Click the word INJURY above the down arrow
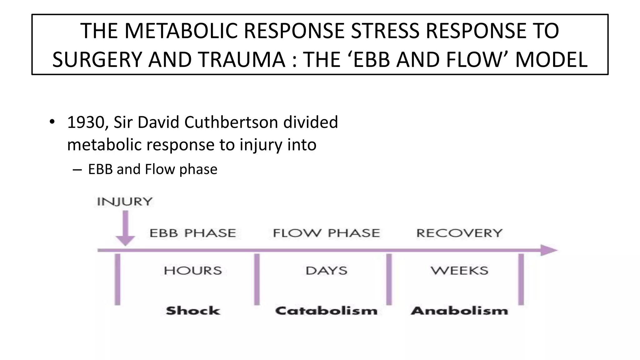125,202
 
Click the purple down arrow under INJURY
125,228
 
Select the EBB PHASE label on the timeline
192,233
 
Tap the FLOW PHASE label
326,233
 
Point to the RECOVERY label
459,233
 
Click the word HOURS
193,271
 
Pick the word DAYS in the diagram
326,271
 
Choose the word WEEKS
459,271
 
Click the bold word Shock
193,311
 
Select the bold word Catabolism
326,311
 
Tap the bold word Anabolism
459,311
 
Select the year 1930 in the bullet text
86,122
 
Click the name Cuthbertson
231,122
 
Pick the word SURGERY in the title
97,60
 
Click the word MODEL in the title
551,60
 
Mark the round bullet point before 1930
52,122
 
